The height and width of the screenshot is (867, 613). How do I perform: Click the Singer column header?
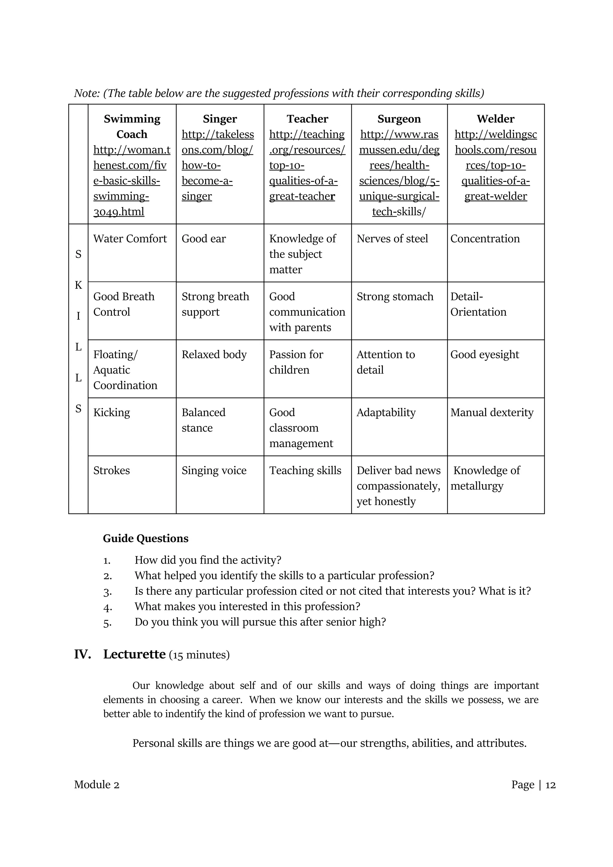(x=220, y=119)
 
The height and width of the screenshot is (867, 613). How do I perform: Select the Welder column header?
(x=495, y=119)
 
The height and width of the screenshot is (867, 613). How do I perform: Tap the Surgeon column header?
(x=399, y=119)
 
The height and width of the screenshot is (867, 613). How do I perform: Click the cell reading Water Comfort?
(x=130, y=239)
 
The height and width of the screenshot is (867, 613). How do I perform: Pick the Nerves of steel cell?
(x=392, y=239)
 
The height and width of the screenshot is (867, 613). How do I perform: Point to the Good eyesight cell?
(x=485, y=355)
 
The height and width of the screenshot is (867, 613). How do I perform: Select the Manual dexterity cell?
(x=492, y=412)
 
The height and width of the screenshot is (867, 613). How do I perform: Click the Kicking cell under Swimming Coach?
(x=112, y=412)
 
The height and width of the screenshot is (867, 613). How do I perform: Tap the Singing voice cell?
(x=214, y=470)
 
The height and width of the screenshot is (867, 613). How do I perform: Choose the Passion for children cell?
(x=296, y=362)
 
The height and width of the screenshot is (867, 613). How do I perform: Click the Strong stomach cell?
(x=395, y=297)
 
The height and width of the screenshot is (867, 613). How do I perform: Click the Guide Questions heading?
(x=146, y=538)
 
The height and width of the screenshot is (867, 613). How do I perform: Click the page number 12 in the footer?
(x=551, y=785)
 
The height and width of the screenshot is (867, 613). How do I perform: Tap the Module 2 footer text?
(x=97, y=785)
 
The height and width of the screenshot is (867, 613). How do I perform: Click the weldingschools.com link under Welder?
(x=495, y=165)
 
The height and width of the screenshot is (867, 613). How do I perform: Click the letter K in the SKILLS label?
(x=78, y=285)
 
